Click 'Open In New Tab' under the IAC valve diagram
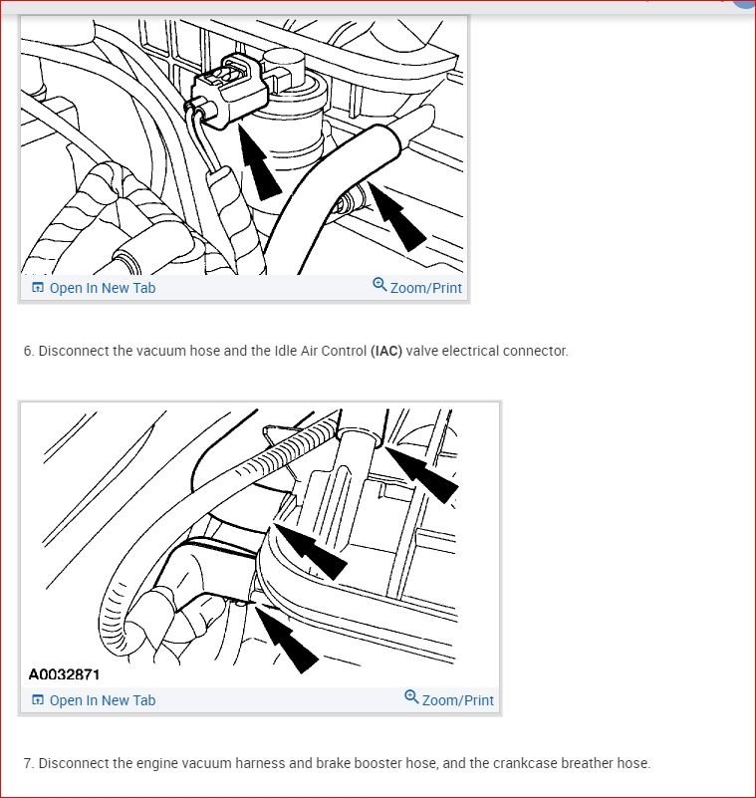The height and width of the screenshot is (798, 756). [103, 288]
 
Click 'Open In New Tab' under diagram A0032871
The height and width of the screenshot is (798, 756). [103, 700]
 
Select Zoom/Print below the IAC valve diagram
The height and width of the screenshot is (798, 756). [426, 288]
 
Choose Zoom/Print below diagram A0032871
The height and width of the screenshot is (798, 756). [458, 700]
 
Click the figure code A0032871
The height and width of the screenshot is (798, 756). [64, 674]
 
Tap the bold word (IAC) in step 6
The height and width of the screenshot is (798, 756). [386, 351]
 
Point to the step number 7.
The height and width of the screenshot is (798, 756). [29, 763]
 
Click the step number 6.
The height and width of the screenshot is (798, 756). [29, 351]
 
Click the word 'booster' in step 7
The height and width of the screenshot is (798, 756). [375, 763]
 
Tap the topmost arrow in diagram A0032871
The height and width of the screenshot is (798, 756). [421, 474]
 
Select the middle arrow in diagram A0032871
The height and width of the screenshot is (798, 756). [311, 552]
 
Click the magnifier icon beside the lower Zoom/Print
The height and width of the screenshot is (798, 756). [411, 696]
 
